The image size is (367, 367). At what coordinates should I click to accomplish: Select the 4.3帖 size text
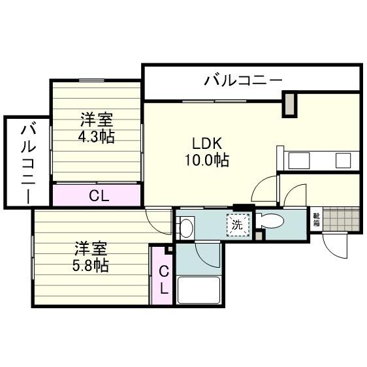coord(97,137)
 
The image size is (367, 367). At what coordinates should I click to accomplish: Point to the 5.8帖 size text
coord(90,266)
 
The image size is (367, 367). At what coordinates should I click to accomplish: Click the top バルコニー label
coord(243,80)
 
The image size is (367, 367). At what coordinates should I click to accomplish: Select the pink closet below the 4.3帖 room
coord(97,195)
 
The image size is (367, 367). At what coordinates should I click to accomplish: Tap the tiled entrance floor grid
coord(341,220)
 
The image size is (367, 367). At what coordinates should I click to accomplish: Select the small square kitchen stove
coord(343,160)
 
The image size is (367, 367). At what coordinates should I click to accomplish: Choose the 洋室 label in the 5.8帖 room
coord(89,249)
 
